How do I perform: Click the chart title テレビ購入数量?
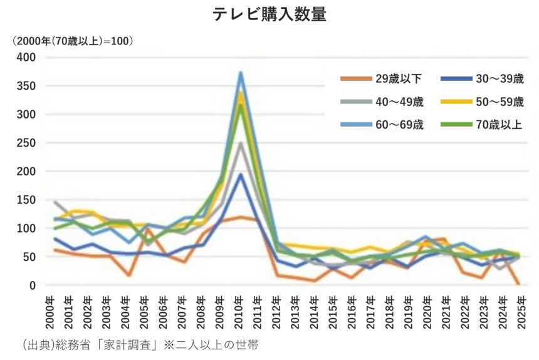(x=269, y=14)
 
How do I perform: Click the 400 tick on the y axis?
(x=26, y=57)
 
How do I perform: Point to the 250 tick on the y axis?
(x=26, y=142)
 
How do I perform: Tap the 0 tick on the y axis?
(x=32, y=285)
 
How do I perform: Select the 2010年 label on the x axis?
(x=241, y=311)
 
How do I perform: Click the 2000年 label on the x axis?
(x=55, y=311)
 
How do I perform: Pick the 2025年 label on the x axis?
(x=519, y=311)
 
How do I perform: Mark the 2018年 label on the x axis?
(x=389, y=311)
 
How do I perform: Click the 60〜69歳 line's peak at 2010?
(x=241, y=73)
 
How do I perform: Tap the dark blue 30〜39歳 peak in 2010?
(x=241, y=174)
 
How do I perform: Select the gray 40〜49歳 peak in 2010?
(x=241, y=143)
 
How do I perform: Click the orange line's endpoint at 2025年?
(x=519, y=283)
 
